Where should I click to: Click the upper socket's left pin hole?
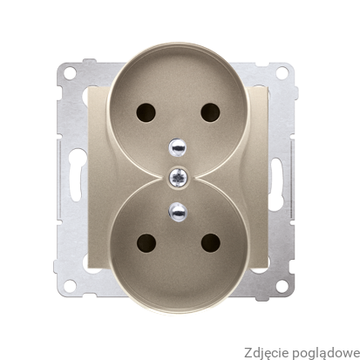(x=146, y=112)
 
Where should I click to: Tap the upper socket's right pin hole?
(x=210, y=112)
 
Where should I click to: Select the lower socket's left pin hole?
(x=146, y=243)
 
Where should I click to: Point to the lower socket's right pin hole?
(x=211, y=243)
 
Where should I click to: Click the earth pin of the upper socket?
(x=177, y=146)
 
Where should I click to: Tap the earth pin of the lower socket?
(x=178, y=211)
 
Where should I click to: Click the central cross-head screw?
(x=179, y=177)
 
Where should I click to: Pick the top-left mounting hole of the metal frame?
(x=70, y=72)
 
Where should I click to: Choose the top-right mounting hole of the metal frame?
(x=282, y=72)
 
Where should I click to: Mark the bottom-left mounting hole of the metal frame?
(x=70, y=286)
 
